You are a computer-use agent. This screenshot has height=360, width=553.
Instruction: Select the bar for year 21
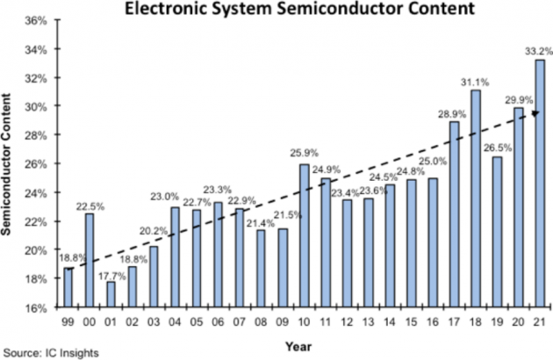pos(538,184)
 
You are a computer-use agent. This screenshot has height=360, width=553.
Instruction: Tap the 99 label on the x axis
pos(68,320)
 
